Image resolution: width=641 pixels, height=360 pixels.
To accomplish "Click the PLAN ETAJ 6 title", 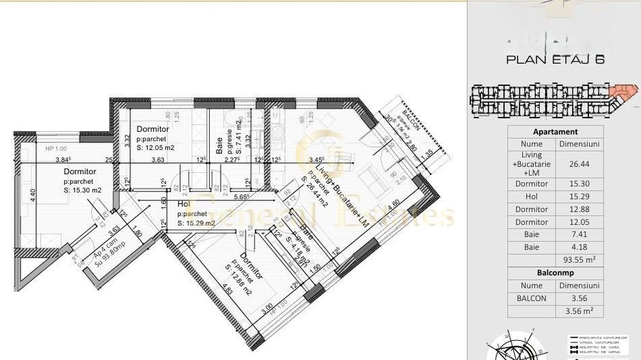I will pos(554,59).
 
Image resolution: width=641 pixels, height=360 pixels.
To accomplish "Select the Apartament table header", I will pos(554,132).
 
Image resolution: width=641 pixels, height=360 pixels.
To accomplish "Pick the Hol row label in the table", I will pos(531,197).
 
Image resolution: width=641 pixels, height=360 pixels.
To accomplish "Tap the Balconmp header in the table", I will pos(554,273).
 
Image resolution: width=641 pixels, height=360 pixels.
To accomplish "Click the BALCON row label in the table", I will pos(531,298).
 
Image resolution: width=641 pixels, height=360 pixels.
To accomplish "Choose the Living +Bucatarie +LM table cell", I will pos(531,165).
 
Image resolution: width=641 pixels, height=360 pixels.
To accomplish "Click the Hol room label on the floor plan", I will pos(183,204).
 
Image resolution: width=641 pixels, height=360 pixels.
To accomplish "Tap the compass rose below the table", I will pos(517,347).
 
